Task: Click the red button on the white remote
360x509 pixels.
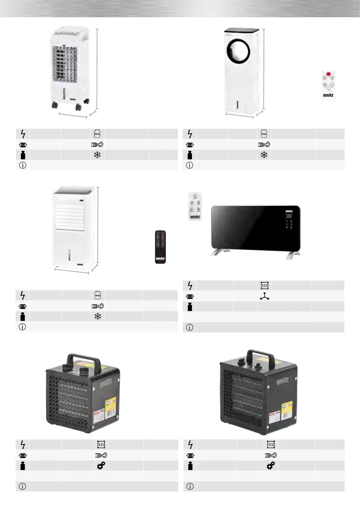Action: click(x=328, y=74)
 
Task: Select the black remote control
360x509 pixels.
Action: click(x=160, y=247)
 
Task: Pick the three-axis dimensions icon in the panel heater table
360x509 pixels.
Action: click(x=264, y=296)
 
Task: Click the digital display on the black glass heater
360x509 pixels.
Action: click(x=289, y=216)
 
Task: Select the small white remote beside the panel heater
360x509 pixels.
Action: click(x=195, y=206)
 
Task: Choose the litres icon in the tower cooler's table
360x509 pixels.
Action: click(x=264, y=134)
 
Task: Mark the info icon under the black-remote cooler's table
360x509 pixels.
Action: click(x=22, y=327)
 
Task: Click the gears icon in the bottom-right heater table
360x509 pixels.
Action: click(x=271, y=466)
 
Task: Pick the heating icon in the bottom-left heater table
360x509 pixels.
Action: click(x=101, y=445)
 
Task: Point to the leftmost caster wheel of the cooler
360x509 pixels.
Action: click(x=55, y=105)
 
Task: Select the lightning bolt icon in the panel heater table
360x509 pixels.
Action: click(x=190, y=285)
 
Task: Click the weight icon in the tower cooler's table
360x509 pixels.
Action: click(x=190, y=155)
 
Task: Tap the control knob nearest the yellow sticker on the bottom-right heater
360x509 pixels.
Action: click(x=258, y=366)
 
